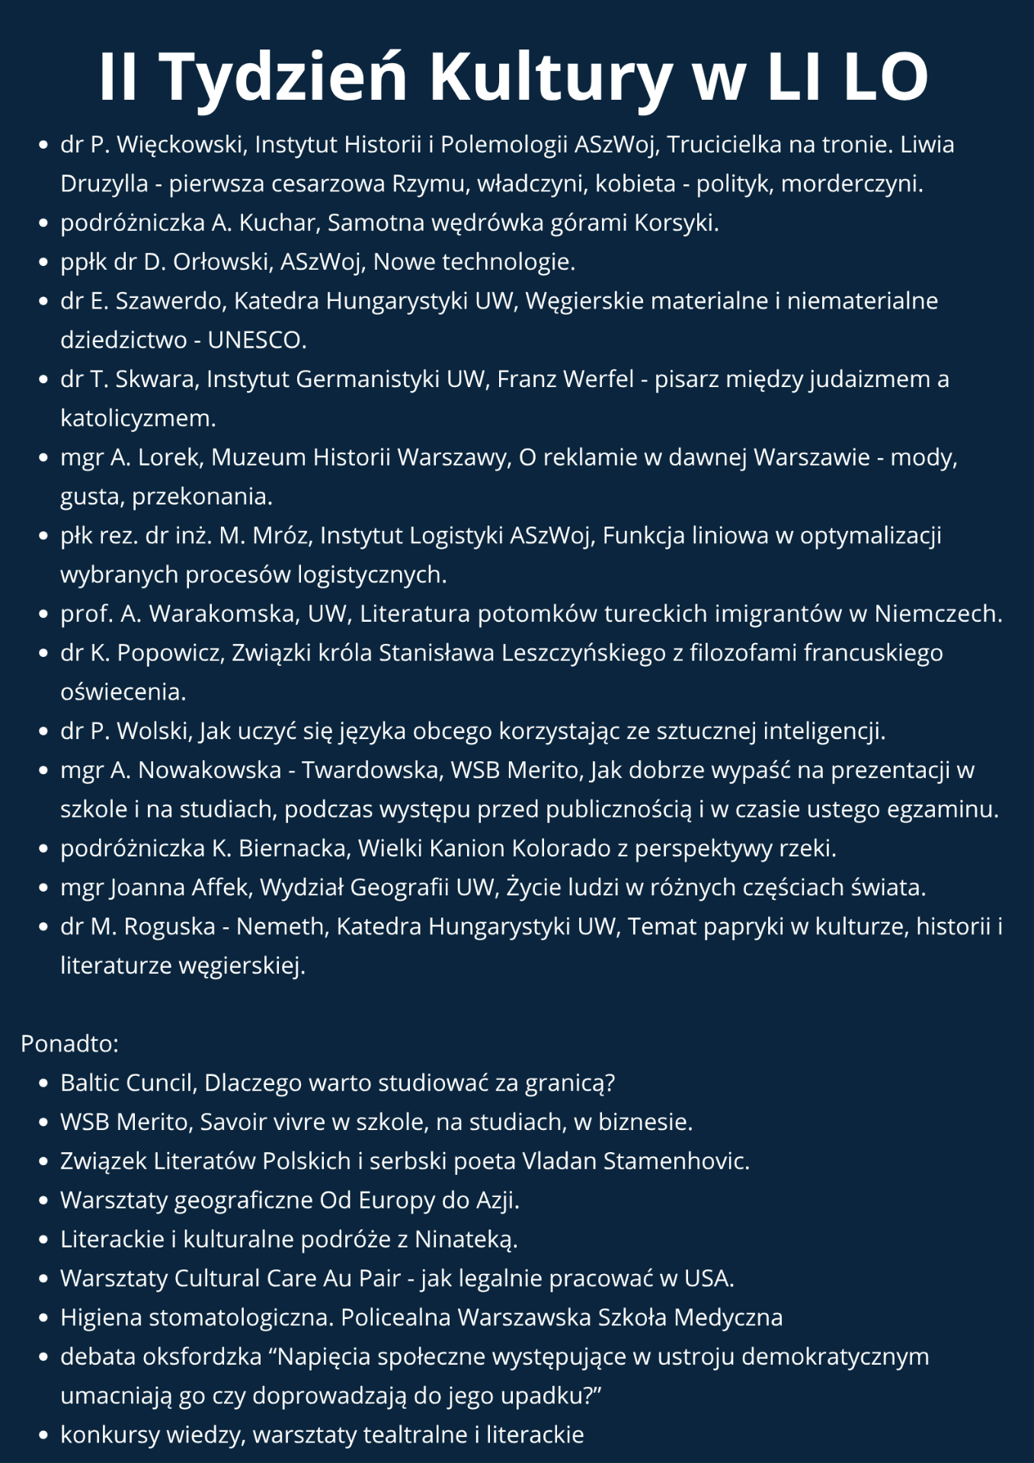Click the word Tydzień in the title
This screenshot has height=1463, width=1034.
coord(284,78)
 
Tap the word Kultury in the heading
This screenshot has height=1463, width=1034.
coord(552,78)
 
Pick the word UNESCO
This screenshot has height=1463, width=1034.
coord(256,340)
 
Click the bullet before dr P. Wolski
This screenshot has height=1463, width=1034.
coord(43,731)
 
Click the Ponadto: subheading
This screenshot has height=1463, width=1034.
coord(69,1043)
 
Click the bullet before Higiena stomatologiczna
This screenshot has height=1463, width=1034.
coord(43,1318)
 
